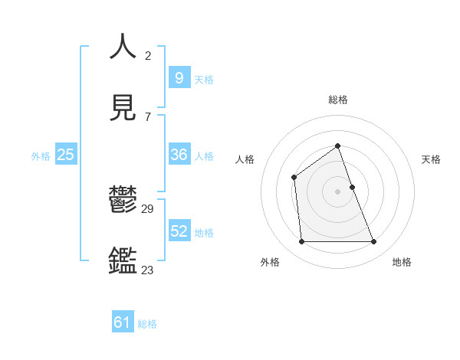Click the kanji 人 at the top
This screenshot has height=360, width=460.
tap(123, 47)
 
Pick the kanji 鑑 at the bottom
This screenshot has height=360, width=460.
tap(123, 260)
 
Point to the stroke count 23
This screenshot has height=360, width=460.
tap(147, 270)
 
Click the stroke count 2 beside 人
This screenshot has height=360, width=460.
tap(148, 56)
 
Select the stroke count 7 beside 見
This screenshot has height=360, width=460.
tap(147, 116)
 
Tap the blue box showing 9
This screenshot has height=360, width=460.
tap(179, 78)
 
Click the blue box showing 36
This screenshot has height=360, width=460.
tap(179, 155)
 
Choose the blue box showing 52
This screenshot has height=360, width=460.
tap(179, 231)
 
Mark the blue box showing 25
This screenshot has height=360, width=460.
tap(66, 155)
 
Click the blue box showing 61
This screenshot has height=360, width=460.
tap(123, 323)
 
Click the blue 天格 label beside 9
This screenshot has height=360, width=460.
tap(204, 80)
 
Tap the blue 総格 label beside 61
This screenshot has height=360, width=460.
tap(147, 325)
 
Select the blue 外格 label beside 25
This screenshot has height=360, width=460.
tap(41, 156)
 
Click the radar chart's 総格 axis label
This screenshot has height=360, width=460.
tap(337, 100)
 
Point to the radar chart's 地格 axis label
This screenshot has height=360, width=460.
tap(402, 262)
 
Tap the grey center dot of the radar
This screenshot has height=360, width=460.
tap(337, 191)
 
